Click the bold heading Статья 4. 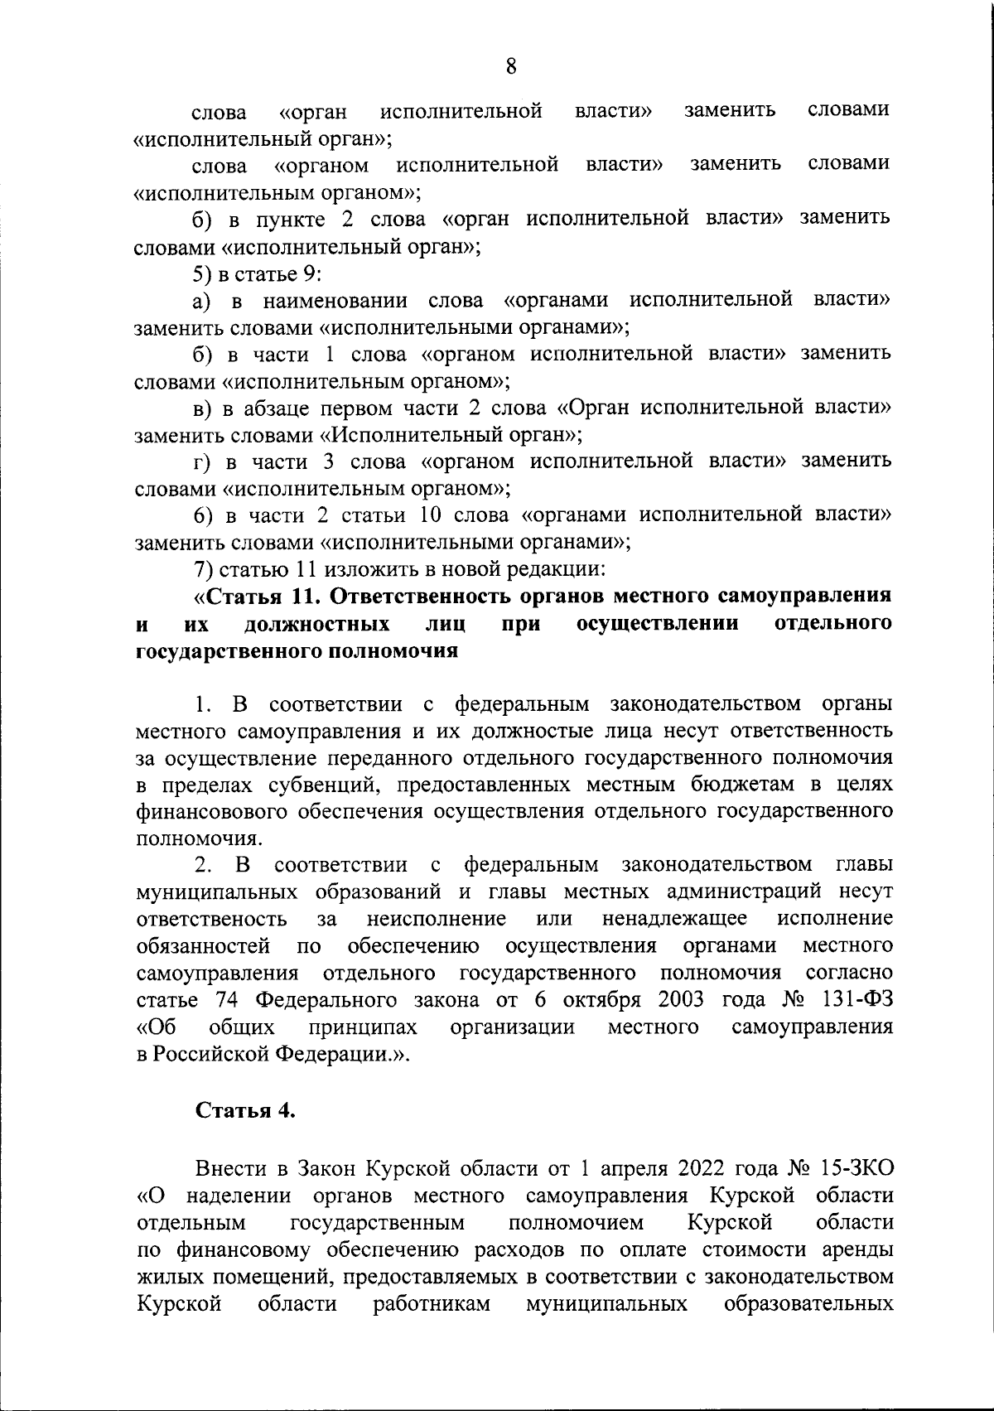tap(245, 1111)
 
